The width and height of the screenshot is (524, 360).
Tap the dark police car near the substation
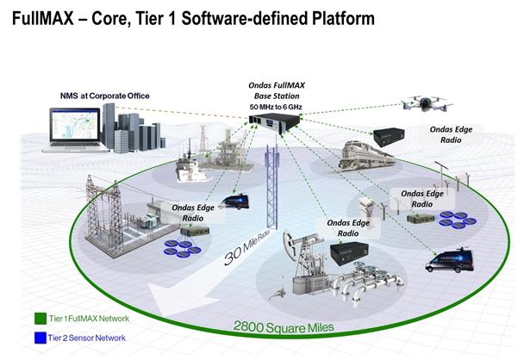(x=234, y=203)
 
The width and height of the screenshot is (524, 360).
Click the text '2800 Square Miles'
(x=277, y=327)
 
